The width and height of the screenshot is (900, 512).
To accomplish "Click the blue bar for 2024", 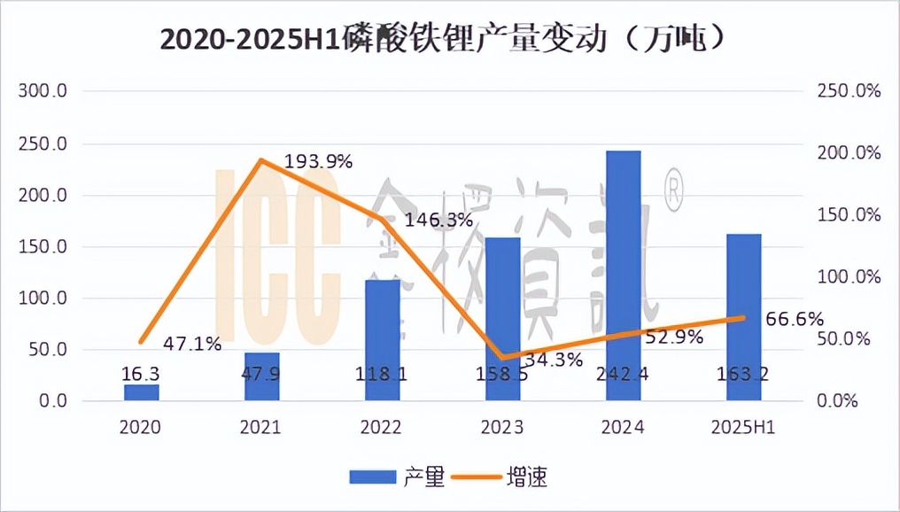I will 624,275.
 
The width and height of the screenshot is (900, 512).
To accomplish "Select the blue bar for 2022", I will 383,340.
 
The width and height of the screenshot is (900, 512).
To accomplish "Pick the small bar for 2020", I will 141,392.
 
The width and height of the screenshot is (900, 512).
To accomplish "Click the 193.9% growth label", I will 319,161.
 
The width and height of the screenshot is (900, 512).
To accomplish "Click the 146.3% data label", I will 438,220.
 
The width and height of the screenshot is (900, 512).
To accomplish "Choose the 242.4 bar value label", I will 624,374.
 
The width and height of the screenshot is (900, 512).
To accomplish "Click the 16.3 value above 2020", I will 141,374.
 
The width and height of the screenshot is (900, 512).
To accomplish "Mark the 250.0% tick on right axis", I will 848,91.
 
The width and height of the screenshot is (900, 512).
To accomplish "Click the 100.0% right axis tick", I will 848,277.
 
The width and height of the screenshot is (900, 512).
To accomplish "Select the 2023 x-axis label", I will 502,428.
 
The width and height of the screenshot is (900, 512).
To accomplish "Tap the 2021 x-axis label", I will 261,428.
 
